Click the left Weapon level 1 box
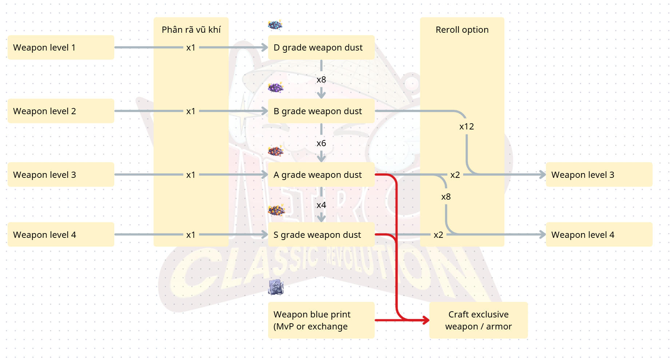[61, 48]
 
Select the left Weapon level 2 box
[61, 111]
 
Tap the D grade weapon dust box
[321, 48]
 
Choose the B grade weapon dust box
[321, 111]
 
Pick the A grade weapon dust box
[321, 175]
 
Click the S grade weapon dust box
[321, 235]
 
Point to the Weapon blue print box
[321, 320]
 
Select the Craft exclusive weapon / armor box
[478, 320]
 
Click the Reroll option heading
[462, 30]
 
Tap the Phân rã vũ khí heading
[191, 30]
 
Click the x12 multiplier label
[466, 127]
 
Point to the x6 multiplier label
[321, 143]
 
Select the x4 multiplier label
[321, 205]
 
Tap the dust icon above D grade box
[275, 25]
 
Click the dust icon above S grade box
[276, 210]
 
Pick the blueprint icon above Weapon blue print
[276, 287]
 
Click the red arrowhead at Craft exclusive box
[426, 320]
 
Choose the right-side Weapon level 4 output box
[599, 235]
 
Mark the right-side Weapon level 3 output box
[599, 175]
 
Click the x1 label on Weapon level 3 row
[191, 175]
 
